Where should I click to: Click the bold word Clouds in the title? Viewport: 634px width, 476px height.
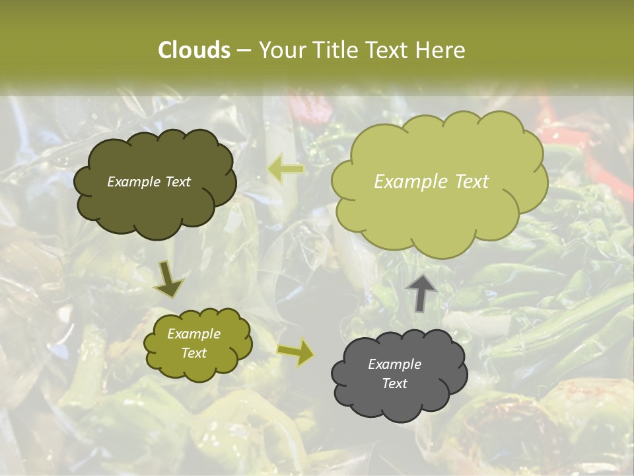[x=194, y=50]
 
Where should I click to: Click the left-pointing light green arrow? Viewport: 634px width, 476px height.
[x=285, y=170]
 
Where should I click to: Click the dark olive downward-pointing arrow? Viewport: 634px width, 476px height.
[x=169, y=280]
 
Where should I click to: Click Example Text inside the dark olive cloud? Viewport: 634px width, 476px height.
[x=149, y=182]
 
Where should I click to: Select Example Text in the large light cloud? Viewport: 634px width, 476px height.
[x=431, y=182]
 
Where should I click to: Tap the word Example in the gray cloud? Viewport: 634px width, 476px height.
[x=394, y=364]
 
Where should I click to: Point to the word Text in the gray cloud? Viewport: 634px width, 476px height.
[x=394, y=383]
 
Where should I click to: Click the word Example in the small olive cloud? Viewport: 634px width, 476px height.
[x=194, y=334]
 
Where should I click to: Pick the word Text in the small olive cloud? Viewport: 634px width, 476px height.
[x=194, y=353]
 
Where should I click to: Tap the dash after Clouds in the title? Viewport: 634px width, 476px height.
[x=243, y=50]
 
